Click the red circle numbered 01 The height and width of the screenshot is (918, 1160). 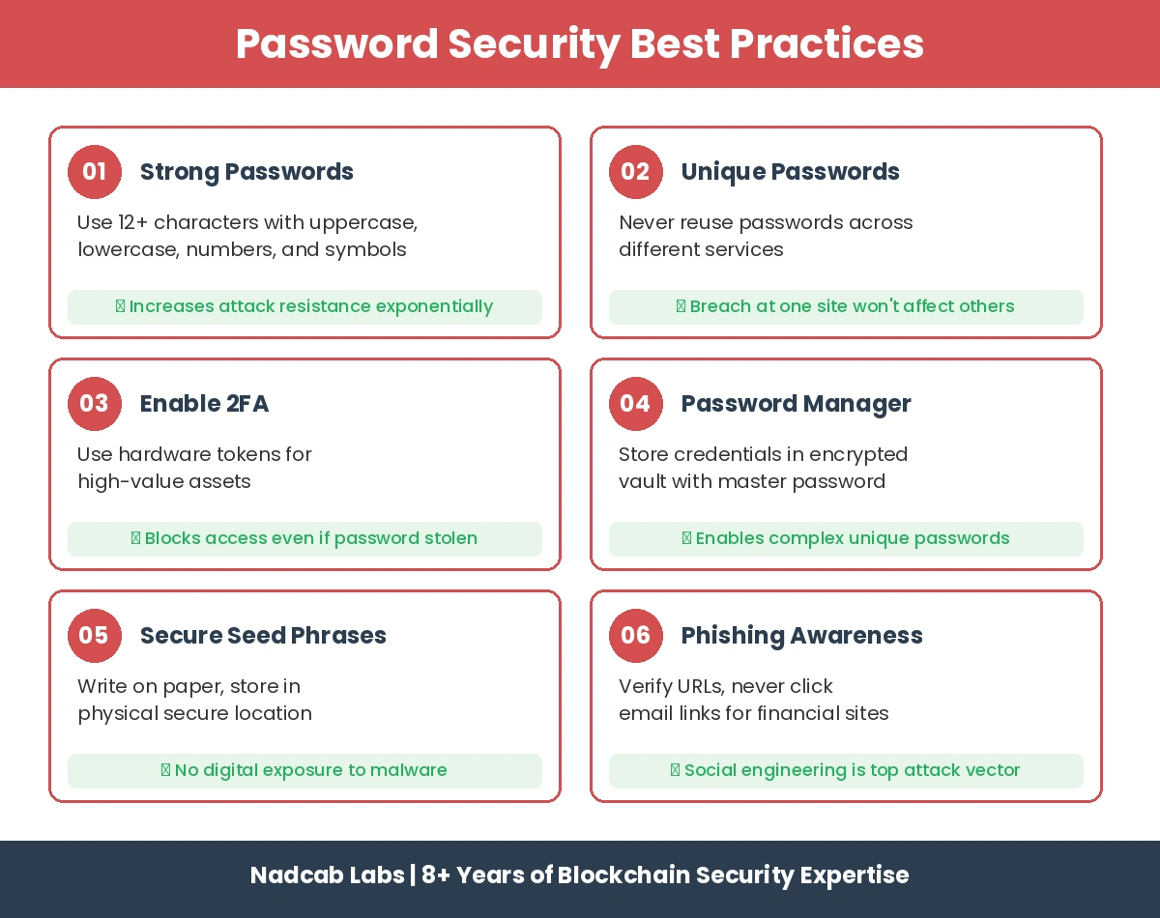95,172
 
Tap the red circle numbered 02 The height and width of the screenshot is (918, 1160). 636,172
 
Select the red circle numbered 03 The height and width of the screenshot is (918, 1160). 95,404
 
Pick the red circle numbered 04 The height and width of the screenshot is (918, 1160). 636,404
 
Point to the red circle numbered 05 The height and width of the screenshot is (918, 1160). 95,636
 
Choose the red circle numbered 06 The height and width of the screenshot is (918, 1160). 636,636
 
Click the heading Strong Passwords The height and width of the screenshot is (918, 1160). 246,172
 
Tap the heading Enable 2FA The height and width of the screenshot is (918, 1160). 204,404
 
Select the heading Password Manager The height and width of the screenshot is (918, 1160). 796,404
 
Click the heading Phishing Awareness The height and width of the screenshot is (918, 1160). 801,636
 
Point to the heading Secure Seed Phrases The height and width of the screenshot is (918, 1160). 263,636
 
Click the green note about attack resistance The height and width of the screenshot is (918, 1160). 304,307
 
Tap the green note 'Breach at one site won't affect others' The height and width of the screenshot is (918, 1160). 846,307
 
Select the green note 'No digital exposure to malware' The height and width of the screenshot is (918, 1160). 304,771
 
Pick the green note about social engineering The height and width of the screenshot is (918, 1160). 846,771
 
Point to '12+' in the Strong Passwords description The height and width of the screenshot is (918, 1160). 134,222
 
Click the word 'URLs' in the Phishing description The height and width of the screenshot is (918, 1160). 696,686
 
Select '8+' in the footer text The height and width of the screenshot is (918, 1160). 435,875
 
